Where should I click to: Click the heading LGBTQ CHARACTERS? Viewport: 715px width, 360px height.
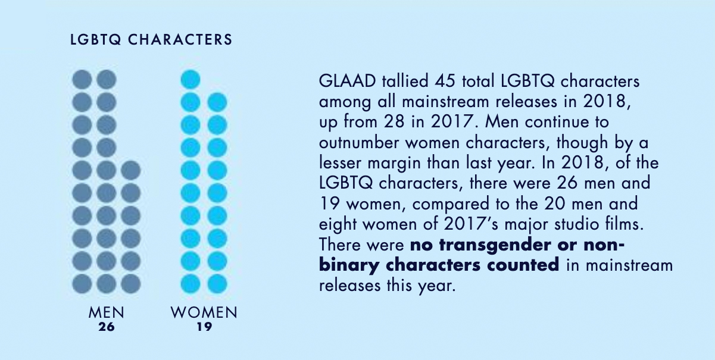151,40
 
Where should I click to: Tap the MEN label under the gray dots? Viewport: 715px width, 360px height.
107,312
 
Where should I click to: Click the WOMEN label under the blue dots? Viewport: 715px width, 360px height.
204,312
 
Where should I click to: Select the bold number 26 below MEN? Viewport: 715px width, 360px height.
107,327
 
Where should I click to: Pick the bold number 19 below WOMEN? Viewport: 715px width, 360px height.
204,327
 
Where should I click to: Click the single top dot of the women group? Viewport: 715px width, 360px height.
191,80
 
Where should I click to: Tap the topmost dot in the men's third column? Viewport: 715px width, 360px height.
130,170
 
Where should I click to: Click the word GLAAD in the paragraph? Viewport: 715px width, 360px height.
347,82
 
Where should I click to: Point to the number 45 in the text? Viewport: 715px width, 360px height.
445,82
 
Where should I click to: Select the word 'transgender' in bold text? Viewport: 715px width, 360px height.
495,245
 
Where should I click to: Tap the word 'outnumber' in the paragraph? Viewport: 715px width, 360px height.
359,143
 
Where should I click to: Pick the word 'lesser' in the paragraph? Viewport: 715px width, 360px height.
341,163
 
